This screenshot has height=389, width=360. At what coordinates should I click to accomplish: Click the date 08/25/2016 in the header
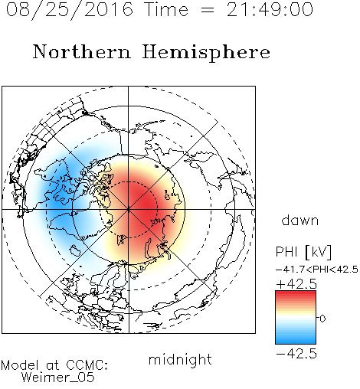70,10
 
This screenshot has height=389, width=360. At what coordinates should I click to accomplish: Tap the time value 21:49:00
270,10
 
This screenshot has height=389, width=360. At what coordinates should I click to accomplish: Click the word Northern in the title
82,52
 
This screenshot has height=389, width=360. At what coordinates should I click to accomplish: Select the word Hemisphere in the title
206,53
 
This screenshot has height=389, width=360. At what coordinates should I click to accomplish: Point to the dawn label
300,220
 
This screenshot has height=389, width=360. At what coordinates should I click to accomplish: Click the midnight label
180,360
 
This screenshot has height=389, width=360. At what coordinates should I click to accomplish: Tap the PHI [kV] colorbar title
303,252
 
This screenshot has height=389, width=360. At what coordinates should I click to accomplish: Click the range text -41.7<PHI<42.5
317,270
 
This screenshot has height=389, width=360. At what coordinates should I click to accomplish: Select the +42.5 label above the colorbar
296,284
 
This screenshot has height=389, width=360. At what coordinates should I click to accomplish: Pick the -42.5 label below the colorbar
296,354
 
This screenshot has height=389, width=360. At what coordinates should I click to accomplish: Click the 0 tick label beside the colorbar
322,319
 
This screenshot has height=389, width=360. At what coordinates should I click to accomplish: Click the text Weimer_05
58,377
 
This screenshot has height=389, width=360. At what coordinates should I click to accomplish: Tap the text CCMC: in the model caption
87,365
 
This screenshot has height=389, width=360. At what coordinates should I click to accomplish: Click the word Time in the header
166,10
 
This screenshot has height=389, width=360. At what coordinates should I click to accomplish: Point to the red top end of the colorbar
296,293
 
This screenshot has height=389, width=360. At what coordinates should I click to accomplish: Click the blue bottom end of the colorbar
296,342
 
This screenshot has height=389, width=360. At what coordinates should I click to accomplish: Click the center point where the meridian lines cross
128,210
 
